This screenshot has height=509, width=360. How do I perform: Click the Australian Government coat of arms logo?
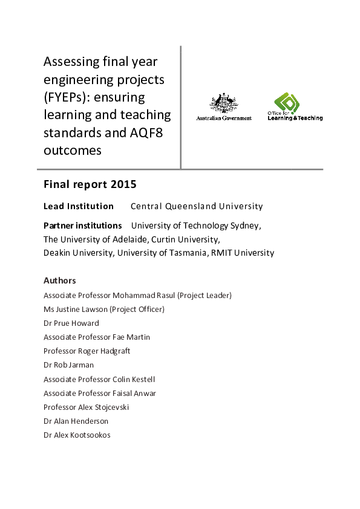[x=223, y=103]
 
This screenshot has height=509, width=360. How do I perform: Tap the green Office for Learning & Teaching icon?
[x=287, y=102]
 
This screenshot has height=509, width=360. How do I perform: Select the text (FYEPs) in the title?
[x=64, y=97]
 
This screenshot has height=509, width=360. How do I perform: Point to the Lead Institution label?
[x=79, y=206]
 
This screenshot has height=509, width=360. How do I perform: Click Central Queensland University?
[x=197, y=206]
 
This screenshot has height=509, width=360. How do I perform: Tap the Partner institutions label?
[x=83, y=225]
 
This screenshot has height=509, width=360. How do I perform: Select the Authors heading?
[x=60, y=280]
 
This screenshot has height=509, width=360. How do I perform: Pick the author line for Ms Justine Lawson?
[x=104, y=309]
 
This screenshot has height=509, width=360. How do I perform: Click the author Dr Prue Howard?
[x=71, y=323]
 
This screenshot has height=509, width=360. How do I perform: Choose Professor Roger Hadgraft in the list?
[x=87, y=351]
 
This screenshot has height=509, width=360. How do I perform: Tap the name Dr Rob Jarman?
[x=68, y=365]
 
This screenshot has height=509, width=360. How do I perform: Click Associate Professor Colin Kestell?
[x=99, y=379]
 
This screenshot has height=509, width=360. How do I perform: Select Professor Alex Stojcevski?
[x=86, y=407]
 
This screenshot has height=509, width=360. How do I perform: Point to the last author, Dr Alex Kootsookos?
[x=77, y=435]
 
